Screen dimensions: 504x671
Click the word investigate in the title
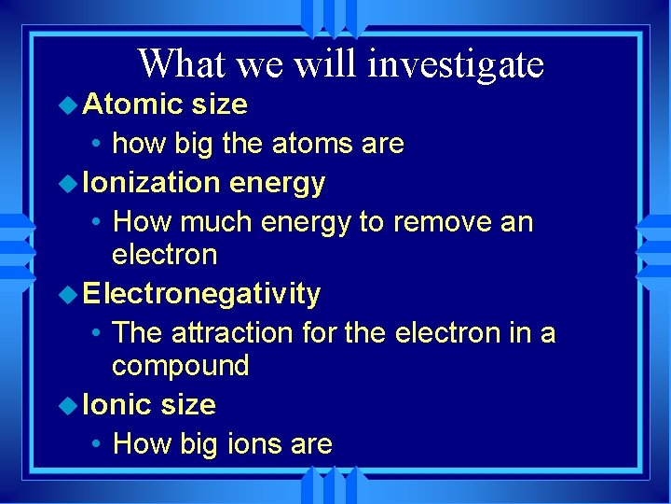coord(456,65)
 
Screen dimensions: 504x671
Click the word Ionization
coord(151,183)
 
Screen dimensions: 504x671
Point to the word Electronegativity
coord(201,294)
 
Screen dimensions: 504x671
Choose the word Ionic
coord(117,404)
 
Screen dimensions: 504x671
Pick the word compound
coord(181,366)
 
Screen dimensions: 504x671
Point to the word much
coord(216,222)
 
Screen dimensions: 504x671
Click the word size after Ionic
coord(188,404)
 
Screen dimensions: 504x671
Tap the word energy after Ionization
coord(277,184)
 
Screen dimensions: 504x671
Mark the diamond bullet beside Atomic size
coord(69,105)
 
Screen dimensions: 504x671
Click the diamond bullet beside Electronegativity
coord(69,295)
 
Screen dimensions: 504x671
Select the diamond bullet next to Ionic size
coord(69,405)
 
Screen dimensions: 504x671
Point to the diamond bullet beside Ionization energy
coord(69,184)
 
